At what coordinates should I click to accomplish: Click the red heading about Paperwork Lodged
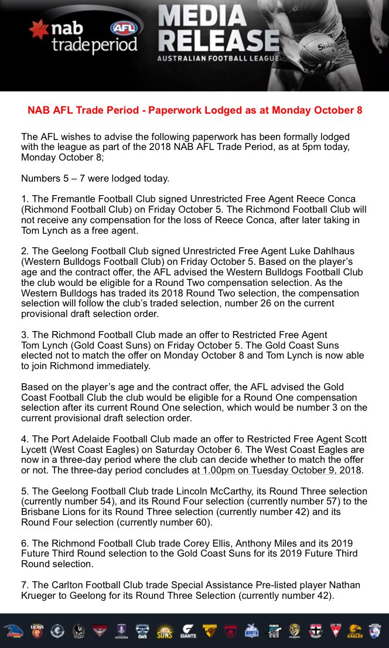pyautogui.click(x=194, y=110)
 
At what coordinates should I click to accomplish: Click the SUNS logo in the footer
pyautogui.click(x=165, y=630)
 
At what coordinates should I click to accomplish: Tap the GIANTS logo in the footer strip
pyautogui.click(x=188, y=630)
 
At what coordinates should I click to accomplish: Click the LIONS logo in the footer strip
pyautogui.click(x=37, y=630)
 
